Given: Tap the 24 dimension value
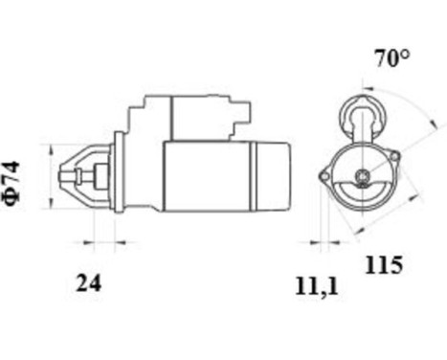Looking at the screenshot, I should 88,282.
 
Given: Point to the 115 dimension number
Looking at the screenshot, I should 383,265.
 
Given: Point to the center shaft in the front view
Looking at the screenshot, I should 362,175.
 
